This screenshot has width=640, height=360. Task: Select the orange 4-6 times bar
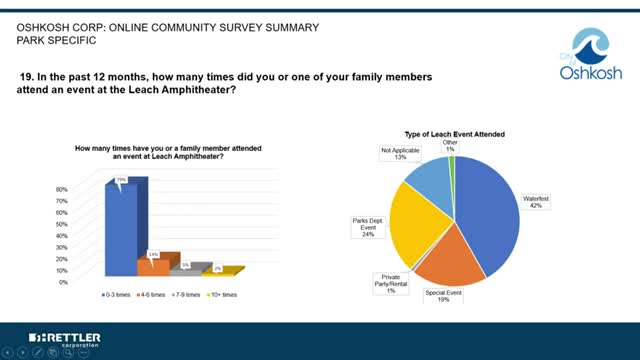[153, 266]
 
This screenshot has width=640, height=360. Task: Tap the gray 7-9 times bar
[183, 271]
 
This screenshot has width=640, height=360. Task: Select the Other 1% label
[450, 147]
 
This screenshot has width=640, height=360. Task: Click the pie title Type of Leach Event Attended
[452, 133]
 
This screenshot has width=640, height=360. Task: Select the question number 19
[27, 75]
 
